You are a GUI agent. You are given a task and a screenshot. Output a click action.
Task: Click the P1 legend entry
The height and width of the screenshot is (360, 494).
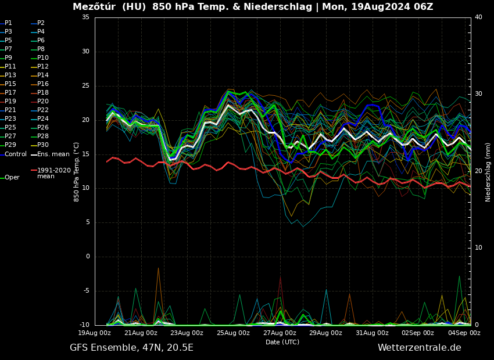tap(8, 23)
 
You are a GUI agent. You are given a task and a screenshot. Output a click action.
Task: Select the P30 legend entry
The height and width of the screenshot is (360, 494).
tap(42, 145)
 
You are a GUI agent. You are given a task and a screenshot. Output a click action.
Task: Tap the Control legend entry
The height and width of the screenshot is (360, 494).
tap(16, 154)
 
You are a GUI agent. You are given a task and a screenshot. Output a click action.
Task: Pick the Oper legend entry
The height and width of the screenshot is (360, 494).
tap(12, 178)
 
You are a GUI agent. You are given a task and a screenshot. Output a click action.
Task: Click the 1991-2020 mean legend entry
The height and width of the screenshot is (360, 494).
tap(53, 174)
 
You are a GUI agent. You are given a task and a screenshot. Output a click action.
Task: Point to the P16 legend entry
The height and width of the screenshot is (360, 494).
tap(42, 84)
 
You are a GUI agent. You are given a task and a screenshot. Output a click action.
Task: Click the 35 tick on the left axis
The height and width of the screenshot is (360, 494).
tap(85, 17)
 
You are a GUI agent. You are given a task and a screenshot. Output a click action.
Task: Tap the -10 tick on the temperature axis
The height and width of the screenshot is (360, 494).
tap(84, 325)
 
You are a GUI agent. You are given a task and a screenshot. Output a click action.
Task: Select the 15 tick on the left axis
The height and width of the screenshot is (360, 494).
tap(85, 154)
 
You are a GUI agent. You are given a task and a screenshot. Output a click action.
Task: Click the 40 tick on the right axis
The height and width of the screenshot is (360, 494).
tap(478, 17)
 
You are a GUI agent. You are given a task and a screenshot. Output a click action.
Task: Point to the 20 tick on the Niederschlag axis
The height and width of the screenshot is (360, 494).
tap(478, 171)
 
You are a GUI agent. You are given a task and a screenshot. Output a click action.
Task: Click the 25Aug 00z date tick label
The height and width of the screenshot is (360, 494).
tap(234, 333)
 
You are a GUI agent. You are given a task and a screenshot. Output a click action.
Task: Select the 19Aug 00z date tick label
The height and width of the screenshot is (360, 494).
tap(95, 333)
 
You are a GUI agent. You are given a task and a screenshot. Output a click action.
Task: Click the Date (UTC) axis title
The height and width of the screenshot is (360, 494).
tap(282, 342)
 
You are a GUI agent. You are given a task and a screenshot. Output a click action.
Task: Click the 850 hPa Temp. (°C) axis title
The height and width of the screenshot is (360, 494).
tap(77, 171)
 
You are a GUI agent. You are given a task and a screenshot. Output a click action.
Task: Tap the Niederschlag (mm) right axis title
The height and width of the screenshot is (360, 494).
tap(488, 172)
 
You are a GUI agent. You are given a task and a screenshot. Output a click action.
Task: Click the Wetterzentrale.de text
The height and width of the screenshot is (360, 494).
tap(419, 348)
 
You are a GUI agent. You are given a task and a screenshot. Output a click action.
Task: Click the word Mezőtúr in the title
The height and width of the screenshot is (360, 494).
tap(93, 7)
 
